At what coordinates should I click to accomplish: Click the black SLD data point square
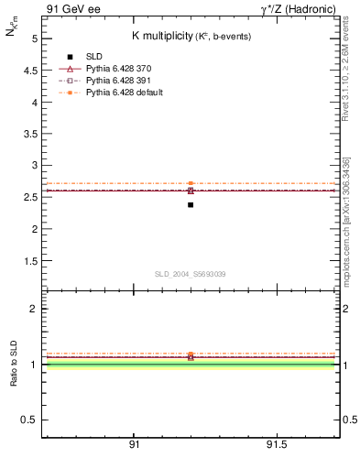click(x=191, y=204)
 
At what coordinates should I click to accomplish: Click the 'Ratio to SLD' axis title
click(x=14, y=364)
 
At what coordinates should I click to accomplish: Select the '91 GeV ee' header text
click(x=68, y=9)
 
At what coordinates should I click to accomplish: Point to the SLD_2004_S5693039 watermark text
click(x=191, y=274)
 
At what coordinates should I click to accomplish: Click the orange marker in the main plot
click(x=191, y=183)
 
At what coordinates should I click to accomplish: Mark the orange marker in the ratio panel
click(x=191, y=354)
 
